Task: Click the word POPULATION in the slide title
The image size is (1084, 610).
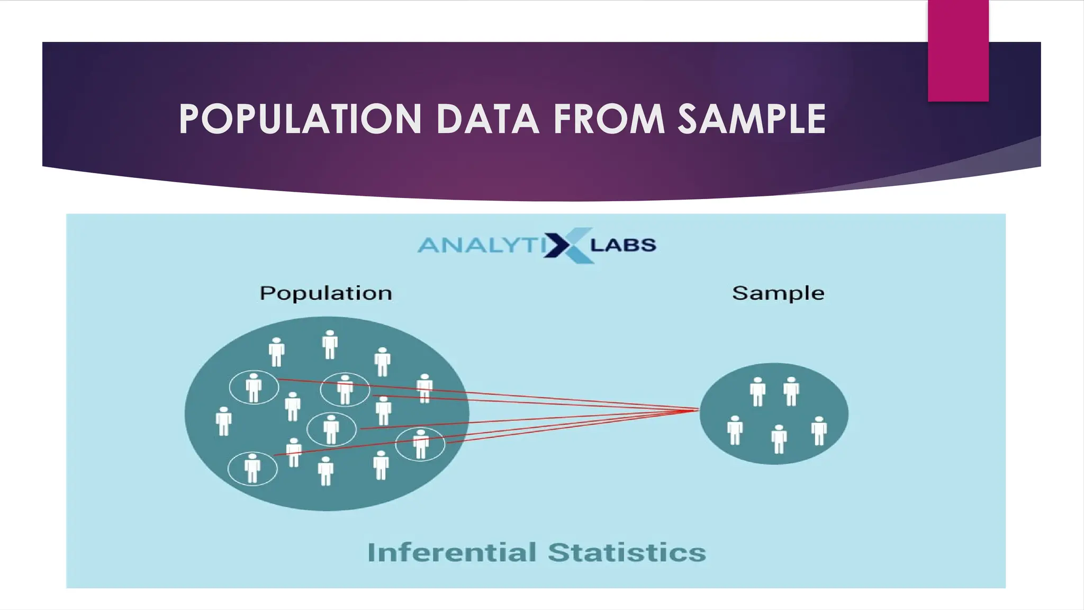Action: click(300, 119)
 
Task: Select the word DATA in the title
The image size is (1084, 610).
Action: click(487, 119)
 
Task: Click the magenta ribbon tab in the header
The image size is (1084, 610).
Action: click(958, 51)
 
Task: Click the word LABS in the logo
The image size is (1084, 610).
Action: click(623, 245)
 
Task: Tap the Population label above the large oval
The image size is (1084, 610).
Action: click(326, 293)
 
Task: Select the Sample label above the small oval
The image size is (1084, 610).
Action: click(778, 293)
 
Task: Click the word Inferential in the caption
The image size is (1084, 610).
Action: click(452, 552)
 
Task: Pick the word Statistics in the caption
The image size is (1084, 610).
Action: click(627, 552)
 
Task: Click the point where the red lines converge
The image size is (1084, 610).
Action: click(698, 410)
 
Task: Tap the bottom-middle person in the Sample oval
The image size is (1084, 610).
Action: click(779, 439)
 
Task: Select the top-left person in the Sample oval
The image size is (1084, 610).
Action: click(757, 391)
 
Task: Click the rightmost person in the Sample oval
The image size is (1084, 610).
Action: click(819, 430)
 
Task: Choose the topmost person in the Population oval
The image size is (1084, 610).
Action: click(330, 345)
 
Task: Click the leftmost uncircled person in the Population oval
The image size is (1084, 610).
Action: click(224, 421)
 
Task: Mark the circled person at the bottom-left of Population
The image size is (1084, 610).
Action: click(252, 469)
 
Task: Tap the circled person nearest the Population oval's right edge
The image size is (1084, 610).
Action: click(421, 444)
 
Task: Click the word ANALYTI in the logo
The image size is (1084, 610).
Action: click(478, 245)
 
